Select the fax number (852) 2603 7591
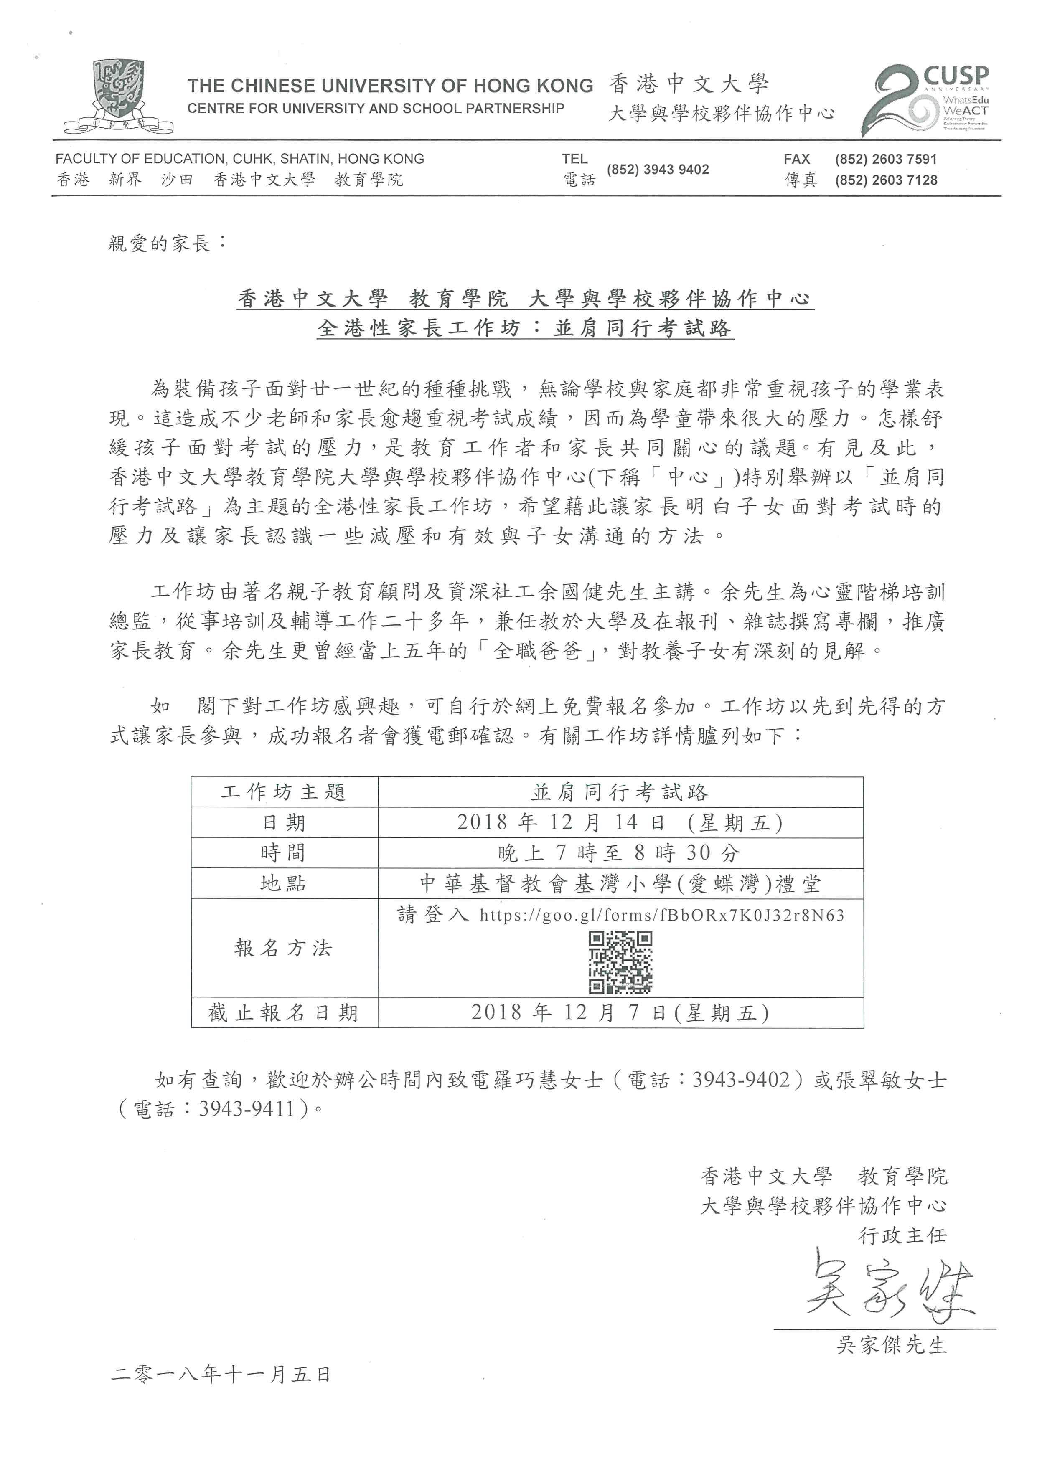(x=886, y=159)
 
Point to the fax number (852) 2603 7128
(x=886, y=180)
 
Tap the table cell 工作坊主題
(x=284, y=792)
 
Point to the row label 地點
(x=284, y=884)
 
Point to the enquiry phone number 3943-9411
(x=246, y=1109)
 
